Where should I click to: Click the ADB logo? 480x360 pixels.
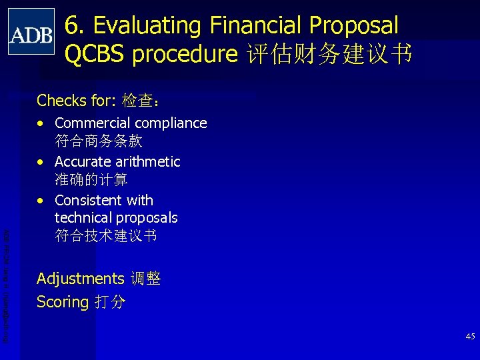31,32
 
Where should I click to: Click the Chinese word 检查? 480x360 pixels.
137,101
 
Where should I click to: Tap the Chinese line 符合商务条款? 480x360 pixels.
99,141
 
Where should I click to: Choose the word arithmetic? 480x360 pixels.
149,162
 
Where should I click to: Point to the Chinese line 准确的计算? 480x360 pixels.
91,180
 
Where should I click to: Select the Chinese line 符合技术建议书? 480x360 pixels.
106,236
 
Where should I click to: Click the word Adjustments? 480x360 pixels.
80,279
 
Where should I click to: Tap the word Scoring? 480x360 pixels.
63,303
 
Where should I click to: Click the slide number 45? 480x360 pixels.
470,337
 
